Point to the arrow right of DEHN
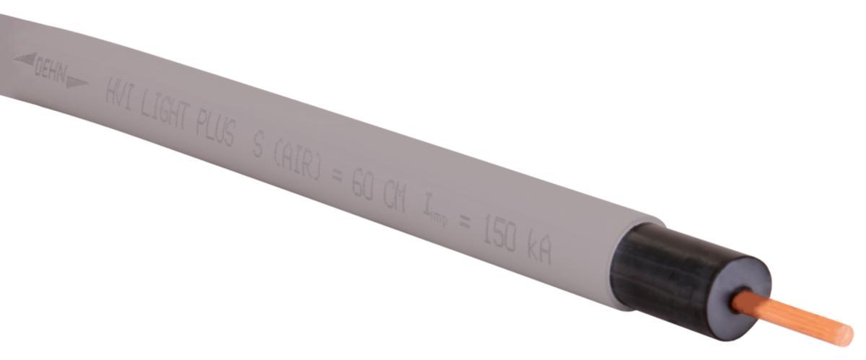point(76,81)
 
